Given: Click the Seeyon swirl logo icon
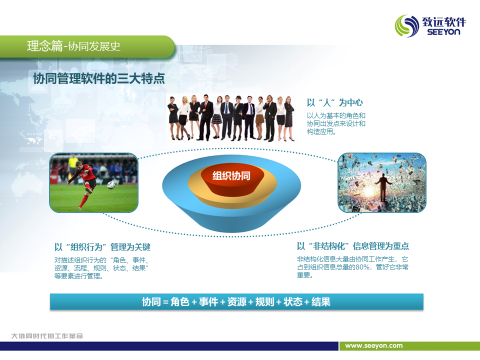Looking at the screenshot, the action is tap(407, 25).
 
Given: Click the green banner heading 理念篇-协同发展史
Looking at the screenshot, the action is tap(74, 46).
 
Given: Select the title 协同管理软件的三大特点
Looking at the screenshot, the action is tap(99, 78).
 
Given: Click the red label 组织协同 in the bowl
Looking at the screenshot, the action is tap(231, 175).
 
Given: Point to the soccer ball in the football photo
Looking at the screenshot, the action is tap(111, 184).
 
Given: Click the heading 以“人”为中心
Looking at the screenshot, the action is tap(335, 102).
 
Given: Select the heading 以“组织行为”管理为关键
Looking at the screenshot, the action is tap(102, 247).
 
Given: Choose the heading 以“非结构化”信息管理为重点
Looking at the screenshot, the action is tap(352, 246).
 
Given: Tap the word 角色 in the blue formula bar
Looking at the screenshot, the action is tap(179, 302).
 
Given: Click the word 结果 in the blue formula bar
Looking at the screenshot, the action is tap(321, 302).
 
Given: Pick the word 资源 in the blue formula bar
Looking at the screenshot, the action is tap(236, 302).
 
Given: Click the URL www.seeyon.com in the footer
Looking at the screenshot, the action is tap(374, 345).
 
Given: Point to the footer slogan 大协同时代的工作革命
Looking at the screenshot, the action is tap(47, 336).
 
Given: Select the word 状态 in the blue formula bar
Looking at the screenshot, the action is tap(292, 302).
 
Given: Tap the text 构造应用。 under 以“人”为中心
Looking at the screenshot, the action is tap(321, 131).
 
